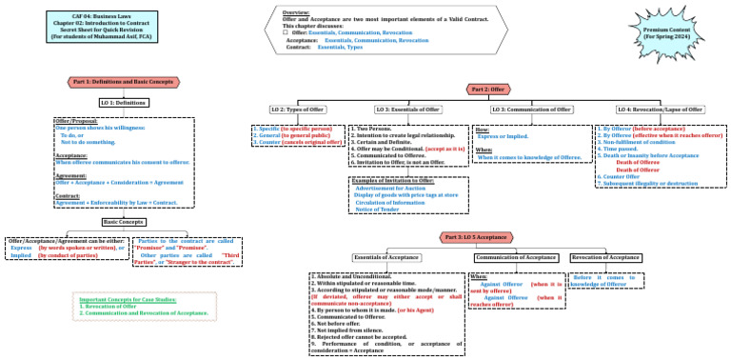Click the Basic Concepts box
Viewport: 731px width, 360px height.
[x=123, y=195]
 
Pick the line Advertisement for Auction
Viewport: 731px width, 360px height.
[x=388, y=189]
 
